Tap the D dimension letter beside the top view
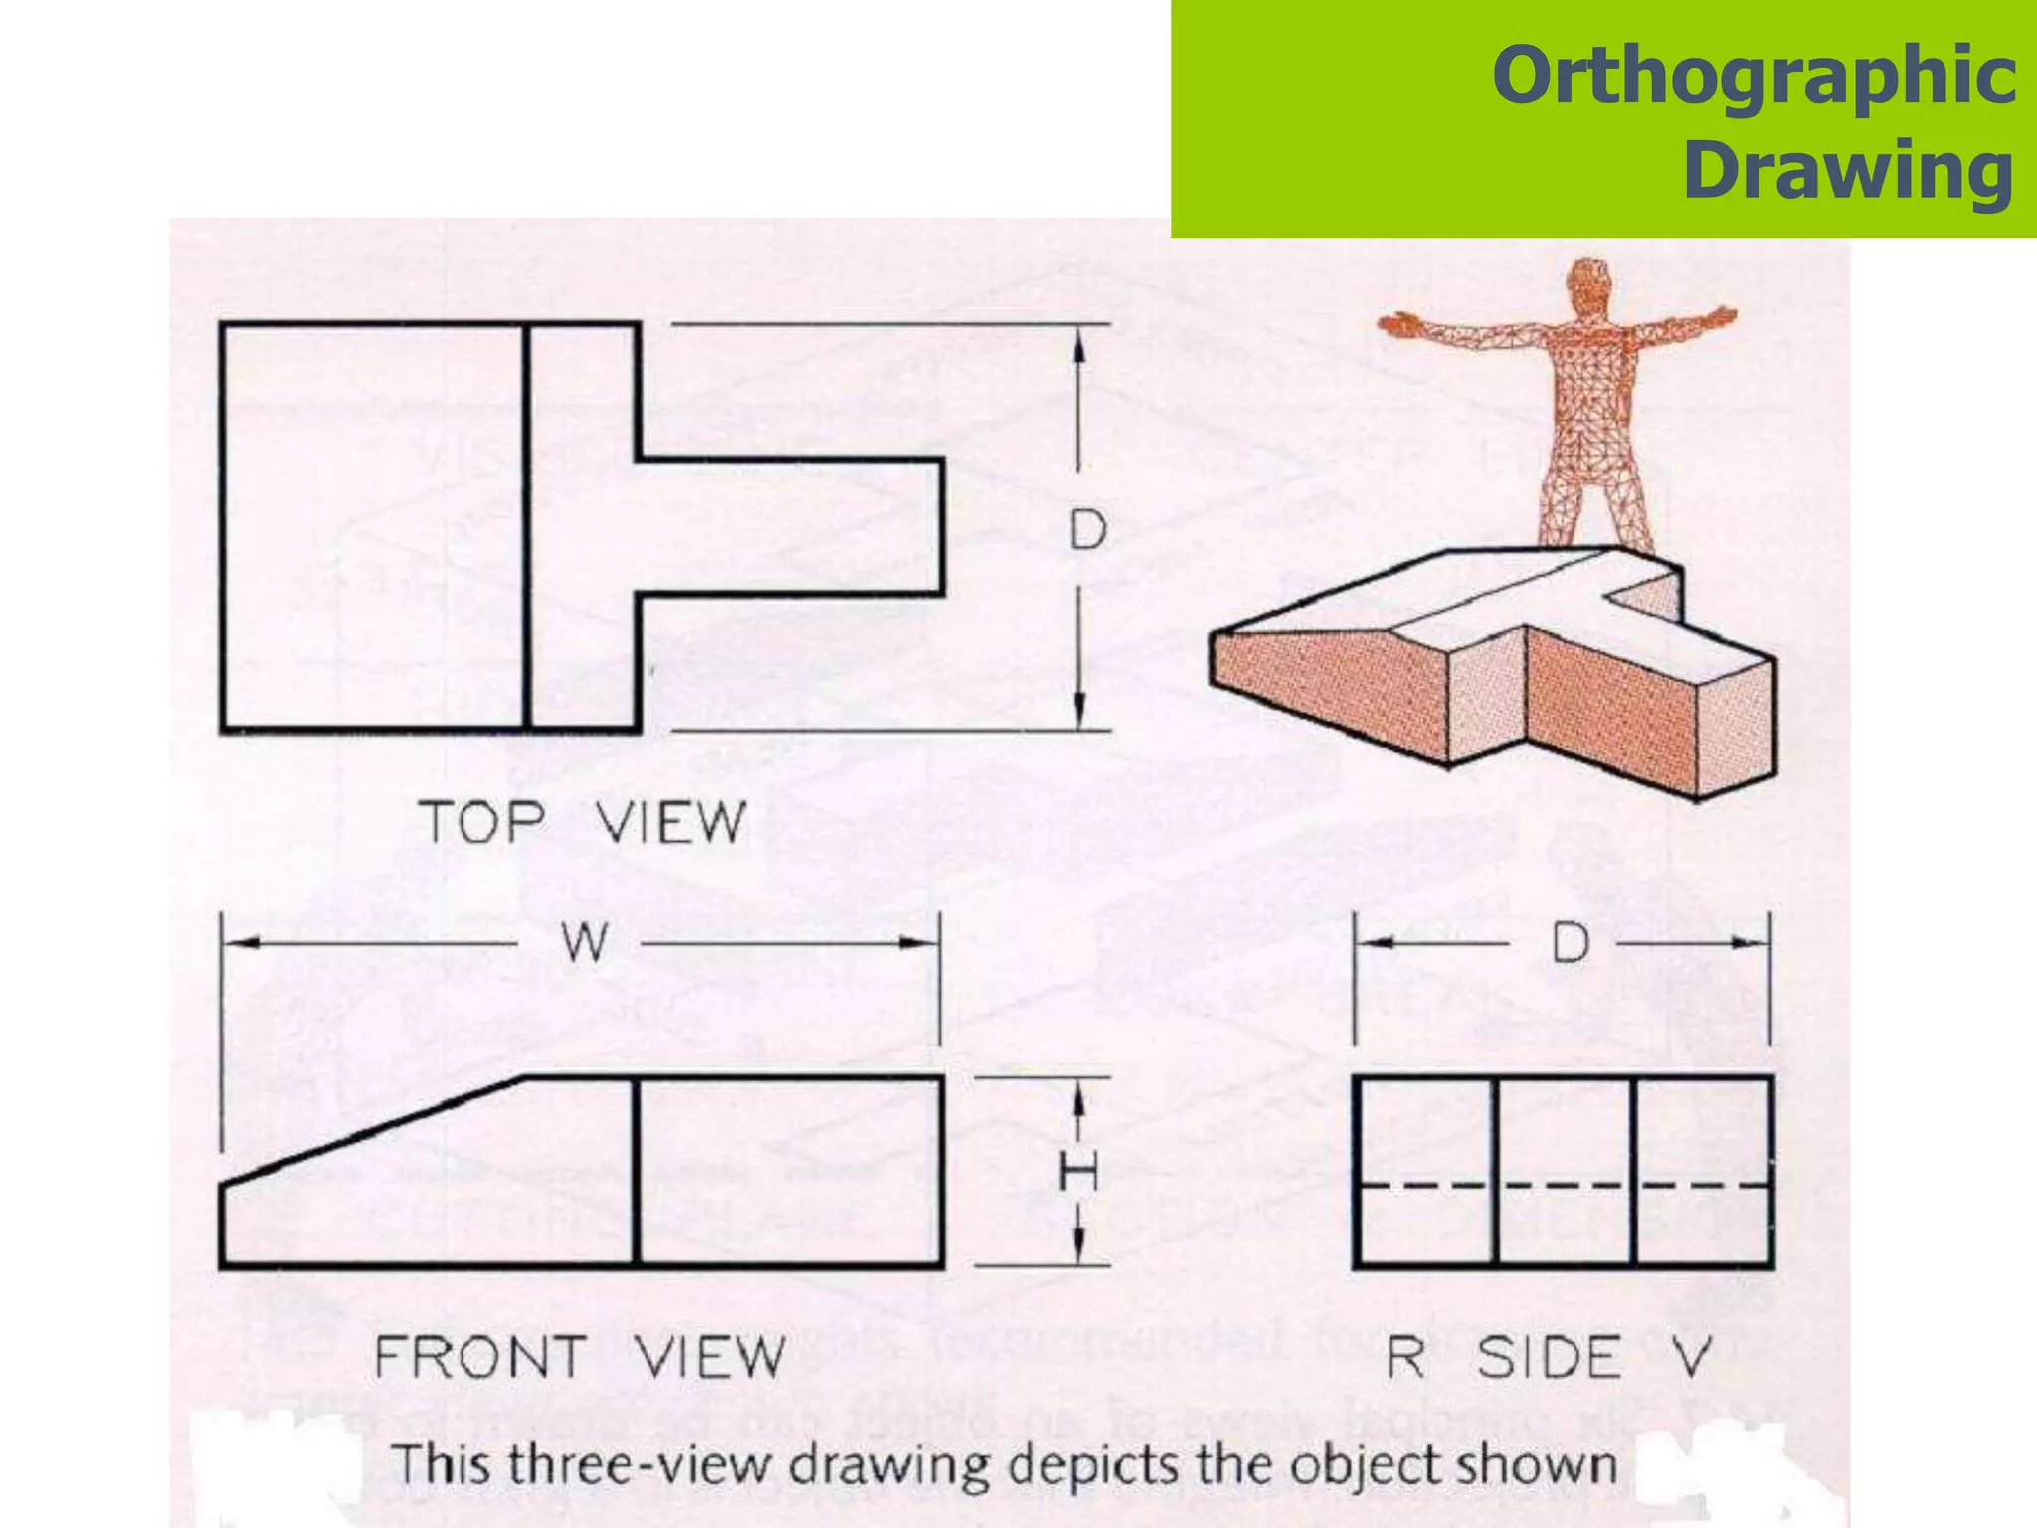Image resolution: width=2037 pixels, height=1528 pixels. click(1087, 529)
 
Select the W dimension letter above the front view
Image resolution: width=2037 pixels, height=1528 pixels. click(584, 941)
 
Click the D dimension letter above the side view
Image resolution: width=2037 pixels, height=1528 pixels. click(1571, 942)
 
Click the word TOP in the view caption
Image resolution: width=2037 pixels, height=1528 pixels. click(482, 823)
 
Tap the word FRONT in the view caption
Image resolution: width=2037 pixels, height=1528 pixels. click(479, 1357)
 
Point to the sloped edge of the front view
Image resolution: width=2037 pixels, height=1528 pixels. click(373, 1130)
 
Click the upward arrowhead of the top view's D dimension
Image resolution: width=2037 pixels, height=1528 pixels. click(1079, 344)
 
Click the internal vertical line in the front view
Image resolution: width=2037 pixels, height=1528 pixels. click(635, 1172)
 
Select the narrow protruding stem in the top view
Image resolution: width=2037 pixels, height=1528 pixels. click(791, 528)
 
